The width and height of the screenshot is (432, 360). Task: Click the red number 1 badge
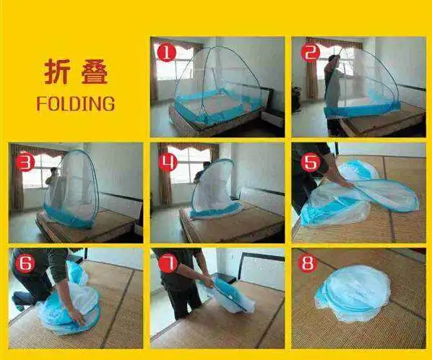click(166, 52)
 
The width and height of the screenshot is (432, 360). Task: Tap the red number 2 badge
click(311, 52)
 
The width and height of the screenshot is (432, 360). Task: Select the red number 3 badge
click(25, 162)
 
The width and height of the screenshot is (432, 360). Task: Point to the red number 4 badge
click(168, 162)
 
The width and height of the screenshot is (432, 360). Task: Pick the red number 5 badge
click(310, 162)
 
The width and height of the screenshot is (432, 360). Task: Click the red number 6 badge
click(25, 263)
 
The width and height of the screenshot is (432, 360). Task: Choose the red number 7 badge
click(168, 263)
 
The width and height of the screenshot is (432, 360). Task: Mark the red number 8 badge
click(308, 263)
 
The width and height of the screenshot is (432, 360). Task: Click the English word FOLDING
click(75, 103)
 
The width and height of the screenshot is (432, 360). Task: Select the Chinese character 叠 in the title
click(95, 72)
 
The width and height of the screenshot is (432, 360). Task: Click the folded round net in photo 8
click(353, 293)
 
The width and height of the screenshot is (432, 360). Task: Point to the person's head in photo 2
click(334, 60)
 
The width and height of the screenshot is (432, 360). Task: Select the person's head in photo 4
click(207, 166)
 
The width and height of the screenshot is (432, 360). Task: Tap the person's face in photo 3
click(54, 172)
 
